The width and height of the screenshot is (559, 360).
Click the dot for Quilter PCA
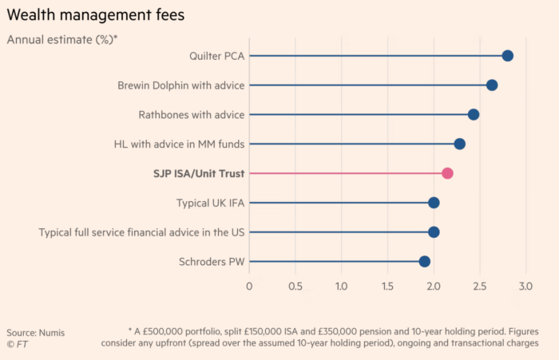[x=507, y=56]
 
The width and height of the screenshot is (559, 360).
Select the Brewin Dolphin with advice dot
[x=492, y=85]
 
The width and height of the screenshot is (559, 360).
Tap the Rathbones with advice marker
[x=474, y=114]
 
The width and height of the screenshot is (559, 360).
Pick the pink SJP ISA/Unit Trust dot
[x=447, y=173]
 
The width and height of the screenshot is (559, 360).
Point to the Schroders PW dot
[x=424, y=261]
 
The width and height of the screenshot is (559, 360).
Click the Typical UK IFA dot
[x=434, y=203]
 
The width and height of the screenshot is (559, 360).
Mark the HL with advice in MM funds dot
[x=459, y=144]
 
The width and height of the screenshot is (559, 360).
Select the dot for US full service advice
[x=434, y=232]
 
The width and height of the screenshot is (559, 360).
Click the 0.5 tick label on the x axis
[x=295, y=287]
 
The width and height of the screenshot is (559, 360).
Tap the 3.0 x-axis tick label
[x=525, y=287]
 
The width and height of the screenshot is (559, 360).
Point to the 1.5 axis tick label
[x=387, y=287]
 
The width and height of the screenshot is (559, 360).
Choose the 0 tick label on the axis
[x=249, y=287]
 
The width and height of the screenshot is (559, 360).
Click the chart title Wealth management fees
[x=96, y=15]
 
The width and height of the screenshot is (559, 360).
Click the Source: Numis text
[x=36, y=333]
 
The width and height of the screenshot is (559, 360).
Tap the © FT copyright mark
[x=17, y=344]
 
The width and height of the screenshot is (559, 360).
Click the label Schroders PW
[x=212, y=262]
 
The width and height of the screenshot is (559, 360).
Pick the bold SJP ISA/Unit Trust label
[x=199, y=173]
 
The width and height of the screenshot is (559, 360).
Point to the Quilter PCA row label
[x=216, y=56]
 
